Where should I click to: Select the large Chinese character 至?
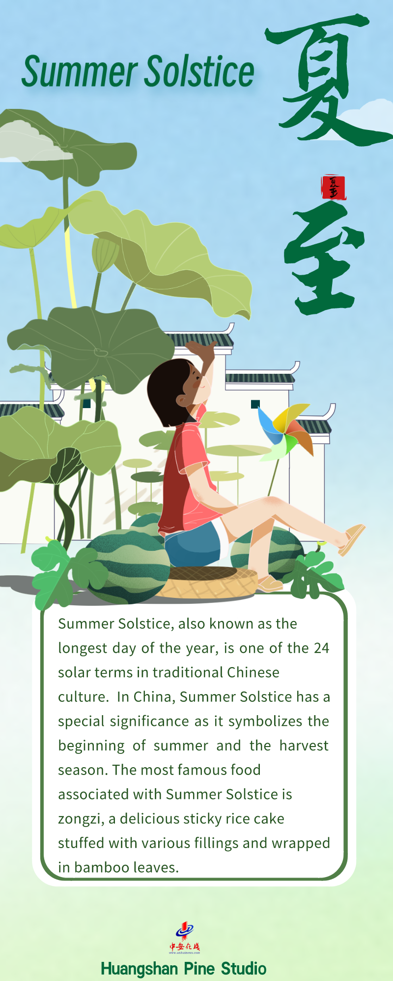tap(324, 258)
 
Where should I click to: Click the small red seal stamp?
tap(334, 187)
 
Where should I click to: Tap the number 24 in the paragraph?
tap(321, 648)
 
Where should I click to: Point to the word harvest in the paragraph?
tap(304, 746)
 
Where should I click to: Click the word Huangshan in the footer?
tap(140, 969)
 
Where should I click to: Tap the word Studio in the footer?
tap(244, 969)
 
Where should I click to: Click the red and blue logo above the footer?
tap(185, 938)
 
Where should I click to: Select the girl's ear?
tap(183, 401)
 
